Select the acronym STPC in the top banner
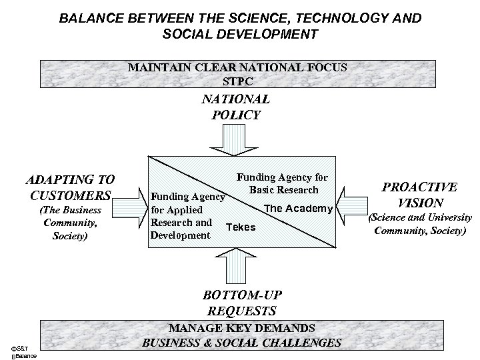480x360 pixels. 240,80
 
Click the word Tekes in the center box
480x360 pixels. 241,227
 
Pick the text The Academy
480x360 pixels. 299,209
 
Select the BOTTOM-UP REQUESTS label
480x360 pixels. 240,303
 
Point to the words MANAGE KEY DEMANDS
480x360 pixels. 241,329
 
